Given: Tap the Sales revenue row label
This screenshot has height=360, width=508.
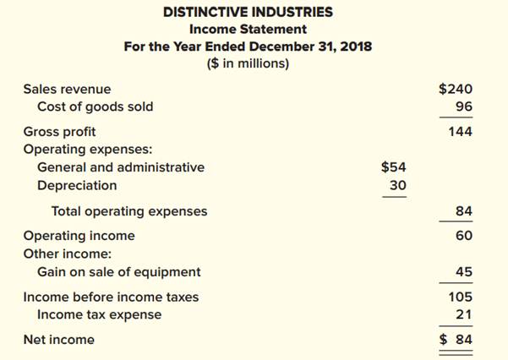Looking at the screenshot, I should tap(67, 89).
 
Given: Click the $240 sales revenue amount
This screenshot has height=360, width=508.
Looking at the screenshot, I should tap(456, 89).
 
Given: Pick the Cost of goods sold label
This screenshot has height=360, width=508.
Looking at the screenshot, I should tap(96, 107).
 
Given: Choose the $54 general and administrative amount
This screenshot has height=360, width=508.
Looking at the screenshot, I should tap(394, 167).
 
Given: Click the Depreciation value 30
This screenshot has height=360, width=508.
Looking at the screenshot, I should tap(397, 185).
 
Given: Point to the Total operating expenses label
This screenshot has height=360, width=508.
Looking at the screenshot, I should tap(129, 211).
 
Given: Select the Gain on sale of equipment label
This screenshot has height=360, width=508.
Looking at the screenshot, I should tap(119, 272).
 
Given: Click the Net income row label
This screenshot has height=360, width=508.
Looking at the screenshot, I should tap(59, 340).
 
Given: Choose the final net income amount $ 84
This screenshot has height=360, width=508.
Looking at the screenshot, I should tap(456, 340).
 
